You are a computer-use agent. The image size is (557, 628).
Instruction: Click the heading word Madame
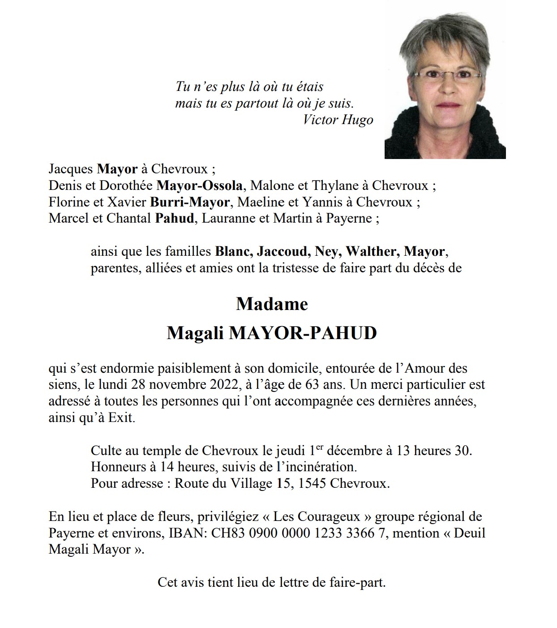coord(272,304)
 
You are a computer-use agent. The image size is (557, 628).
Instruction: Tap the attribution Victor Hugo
coord(338,120)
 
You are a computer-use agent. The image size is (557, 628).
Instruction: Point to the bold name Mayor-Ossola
coord(199,185)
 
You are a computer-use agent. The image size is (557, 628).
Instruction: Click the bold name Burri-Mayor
coord(190,202)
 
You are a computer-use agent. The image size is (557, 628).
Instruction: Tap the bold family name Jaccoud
coord(283,251)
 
